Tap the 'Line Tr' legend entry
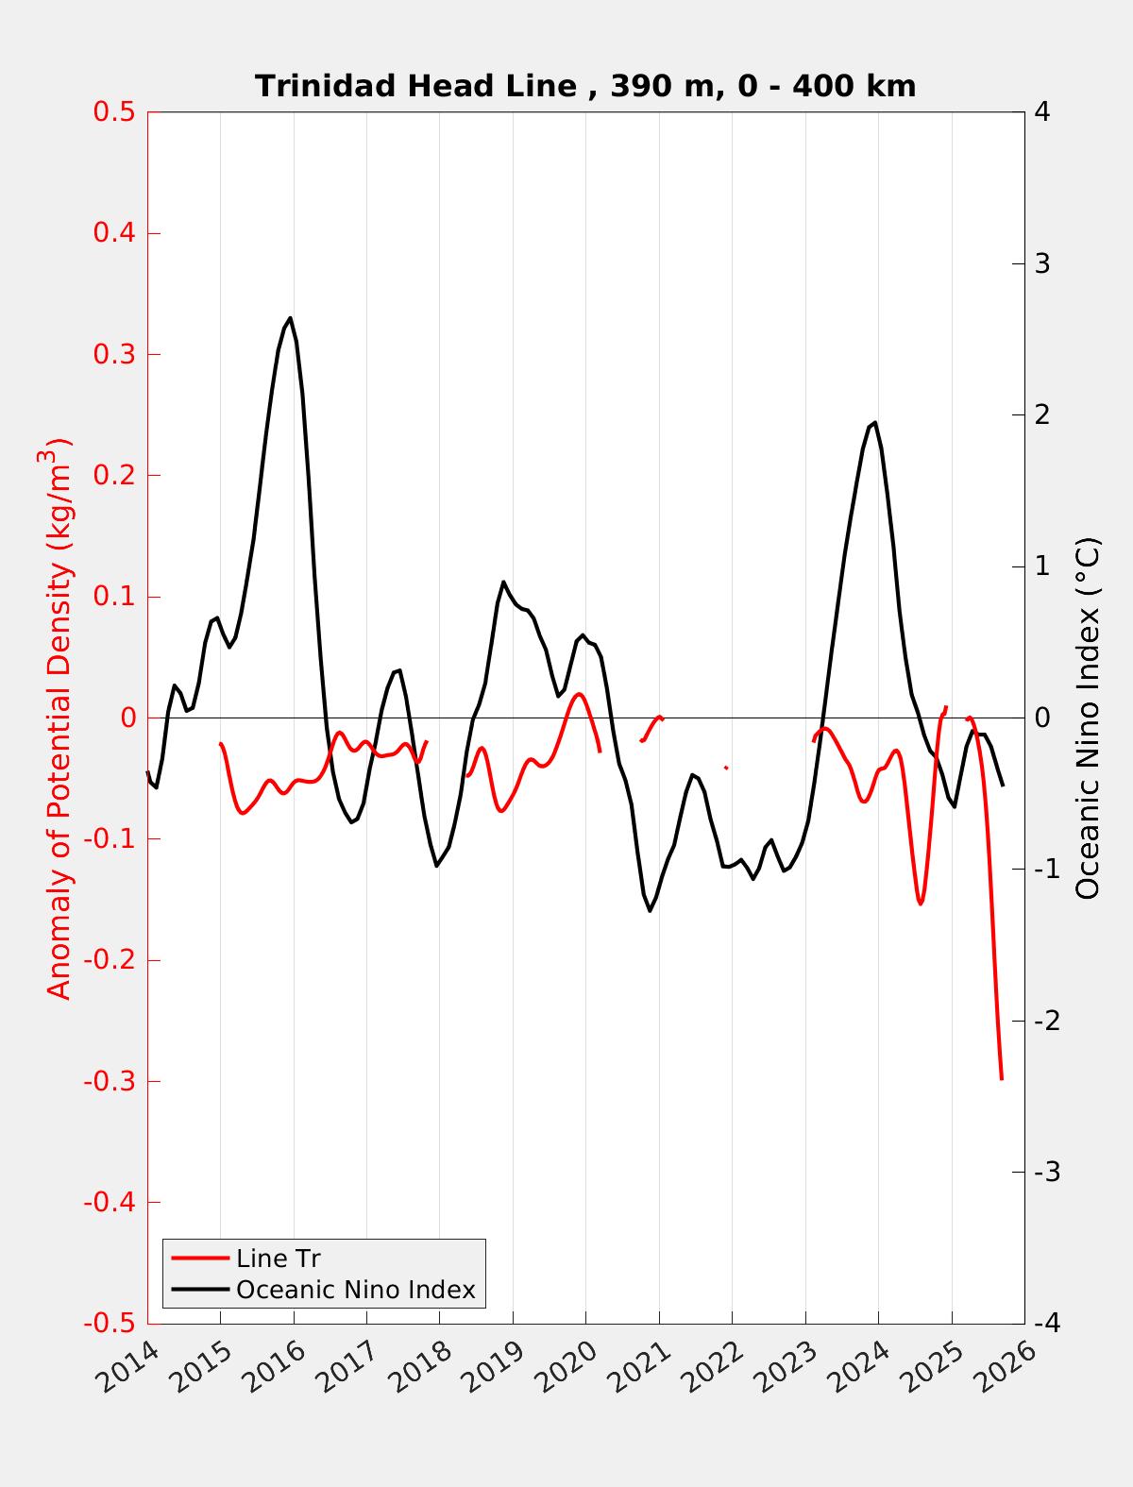tap(279, 1259)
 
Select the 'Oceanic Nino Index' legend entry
tap(355, 1289)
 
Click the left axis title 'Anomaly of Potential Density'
tap(59, 718)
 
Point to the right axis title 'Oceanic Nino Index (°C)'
tap(1088, 718)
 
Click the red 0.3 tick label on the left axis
tap(114, 354)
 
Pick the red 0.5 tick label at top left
tap(114, 112)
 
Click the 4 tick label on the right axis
tap(1042, 112)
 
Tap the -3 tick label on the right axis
tap(1046, 1173)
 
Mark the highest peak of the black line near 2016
tap(290, 318)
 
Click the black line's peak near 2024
tap(875, 423)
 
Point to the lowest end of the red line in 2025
tap(1001, 1077)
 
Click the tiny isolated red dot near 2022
tap(725, 768)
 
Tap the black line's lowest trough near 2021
tap(650, 910)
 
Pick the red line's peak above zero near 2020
tap(579, 694)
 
